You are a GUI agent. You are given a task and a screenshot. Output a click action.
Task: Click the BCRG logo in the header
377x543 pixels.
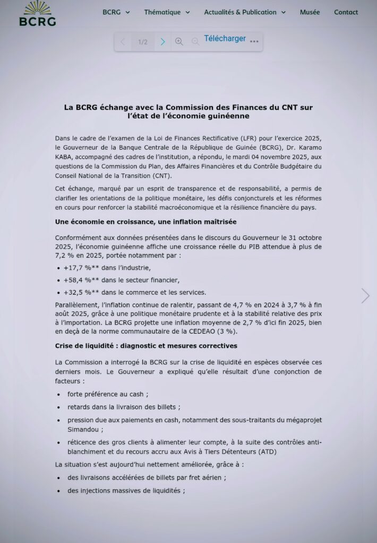tap(37, 14)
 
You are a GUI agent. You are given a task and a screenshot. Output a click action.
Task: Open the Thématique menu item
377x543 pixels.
tap(166, 12)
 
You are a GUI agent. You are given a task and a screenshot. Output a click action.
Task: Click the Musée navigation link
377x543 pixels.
tap(310, 12)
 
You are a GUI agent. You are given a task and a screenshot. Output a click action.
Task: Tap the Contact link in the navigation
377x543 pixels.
tap(346, 12)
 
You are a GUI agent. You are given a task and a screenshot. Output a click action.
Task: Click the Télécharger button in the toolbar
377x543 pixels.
tap(225, 39)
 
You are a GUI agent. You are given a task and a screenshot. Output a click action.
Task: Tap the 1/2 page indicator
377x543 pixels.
tap(143, 42)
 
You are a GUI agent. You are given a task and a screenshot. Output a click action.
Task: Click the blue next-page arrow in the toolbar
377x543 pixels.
tap(163, 42)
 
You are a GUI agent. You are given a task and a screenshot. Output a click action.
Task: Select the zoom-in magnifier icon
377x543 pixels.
tap(179, 41)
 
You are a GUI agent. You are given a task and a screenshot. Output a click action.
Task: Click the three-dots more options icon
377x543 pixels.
tap(254, 41)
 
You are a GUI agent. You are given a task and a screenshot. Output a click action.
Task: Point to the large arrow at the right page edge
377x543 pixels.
tap(365, 295)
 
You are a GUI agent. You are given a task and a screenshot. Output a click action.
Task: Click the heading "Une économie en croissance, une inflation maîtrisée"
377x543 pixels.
tap(145, 221)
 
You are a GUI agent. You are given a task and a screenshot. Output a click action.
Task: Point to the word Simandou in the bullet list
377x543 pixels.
tap(84, 430)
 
